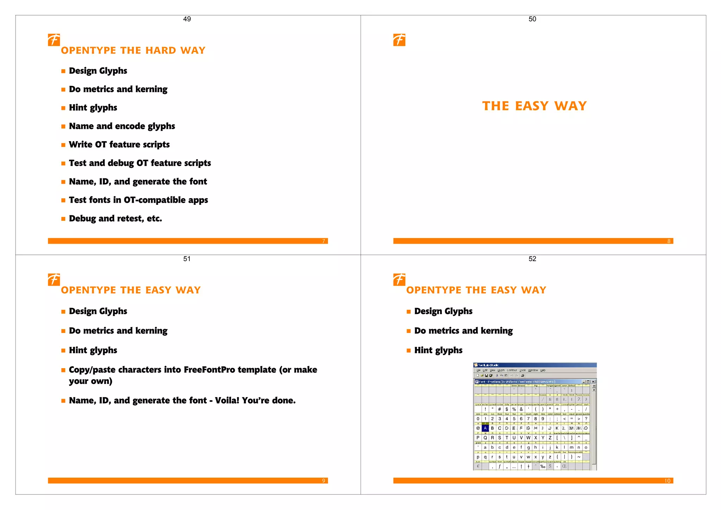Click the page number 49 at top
tap(187, 19)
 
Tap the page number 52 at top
tap(532, 259)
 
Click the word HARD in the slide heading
tap(161, 50)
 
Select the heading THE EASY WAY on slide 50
tap(534, 106)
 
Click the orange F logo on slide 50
tap(399, 40)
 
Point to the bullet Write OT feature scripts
tap(119, 144)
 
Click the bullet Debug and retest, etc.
tap(115, 219)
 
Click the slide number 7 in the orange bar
tap(324, 241)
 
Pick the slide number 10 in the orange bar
tap(667, 481)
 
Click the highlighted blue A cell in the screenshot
tap(485, 428)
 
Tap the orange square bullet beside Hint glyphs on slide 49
tap(63, 108)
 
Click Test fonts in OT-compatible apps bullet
tap(138, 200)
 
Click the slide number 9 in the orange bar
tap(324, 481)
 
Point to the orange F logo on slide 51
tap(54, 279)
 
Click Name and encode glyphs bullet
tap(122, 126)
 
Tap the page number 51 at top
tap(187, 259)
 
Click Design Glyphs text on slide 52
tap(443, 311)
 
